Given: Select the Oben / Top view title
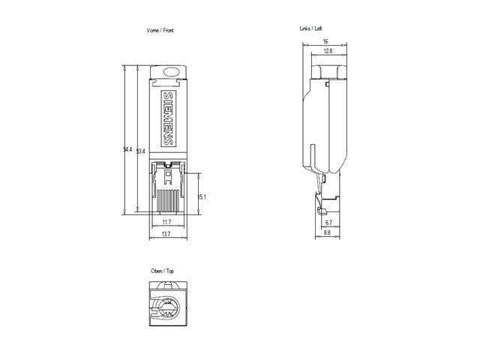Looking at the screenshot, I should [x=163, y=271].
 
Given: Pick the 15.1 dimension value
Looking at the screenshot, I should [x=202, y=196].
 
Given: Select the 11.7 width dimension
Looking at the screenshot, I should [x=166, y=223].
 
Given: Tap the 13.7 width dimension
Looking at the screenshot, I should [x=166, y=235].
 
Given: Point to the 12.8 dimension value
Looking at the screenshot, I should [x=328, y=51].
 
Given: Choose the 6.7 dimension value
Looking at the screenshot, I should [x=328, y=223].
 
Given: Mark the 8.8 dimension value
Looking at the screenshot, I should [x=327, y=233].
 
